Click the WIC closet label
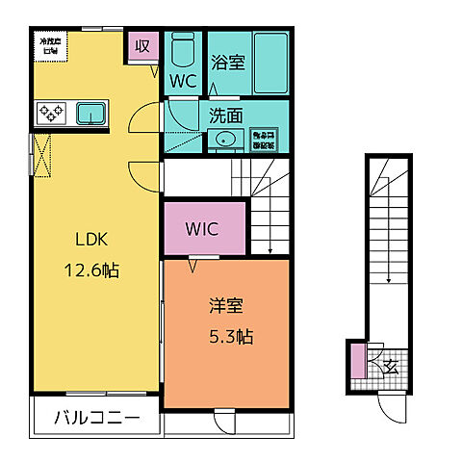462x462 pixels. (x=203, y=229)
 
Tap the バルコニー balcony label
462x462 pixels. (x=96, y=419)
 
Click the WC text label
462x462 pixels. (x=183, y=82)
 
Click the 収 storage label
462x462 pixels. (x=142, y=44)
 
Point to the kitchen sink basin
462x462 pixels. (x=93, y=114)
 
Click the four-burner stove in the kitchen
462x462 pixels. (x=51, y=114)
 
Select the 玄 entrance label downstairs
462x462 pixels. (x=392, y=364)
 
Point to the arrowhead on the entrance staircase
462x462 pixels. (x=389, y=280)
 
